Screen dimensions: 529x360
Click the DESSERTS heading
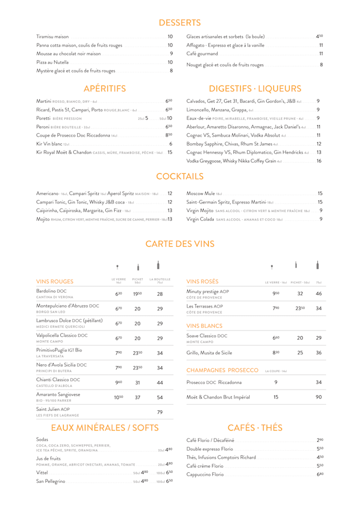click(x=179, y=22)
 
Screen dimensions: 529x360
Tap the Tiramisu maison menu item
click(x=52, y=36)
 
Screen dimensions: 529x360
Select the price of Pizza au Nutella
click(x=170, y=62)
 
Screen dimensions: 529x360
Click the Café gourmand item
click(x=201, y=53)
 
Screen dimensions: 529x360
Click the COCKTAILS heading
click(x=179, y=177)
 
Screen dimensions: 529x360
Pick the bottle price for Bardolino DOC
click(x=160, y=294)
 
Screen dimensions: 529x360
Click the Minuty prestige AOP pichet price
click(x=299, y=293)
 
